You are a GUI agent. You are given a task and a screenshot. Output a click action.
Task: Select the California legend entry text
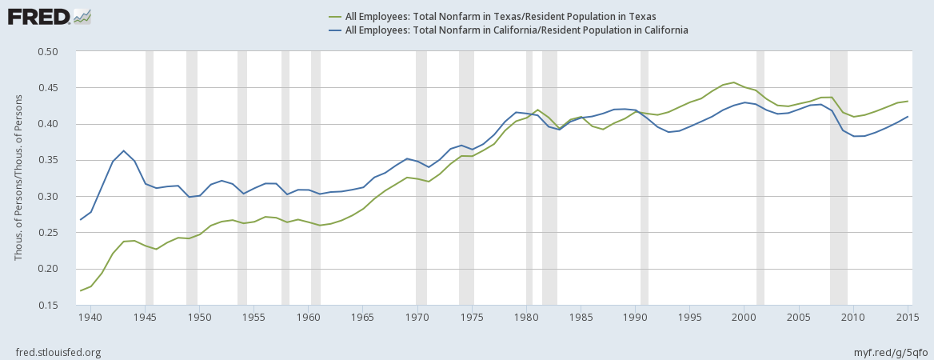[516, 30]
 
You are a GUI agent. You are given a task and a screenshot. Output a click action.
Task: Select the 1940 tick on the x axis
[90, 316]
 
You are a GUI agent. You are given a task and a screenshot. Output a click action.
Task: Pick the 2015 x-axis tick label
[908, 316]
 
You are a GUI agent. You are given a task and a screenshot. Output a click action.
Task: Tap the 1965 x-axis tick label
[362, 316]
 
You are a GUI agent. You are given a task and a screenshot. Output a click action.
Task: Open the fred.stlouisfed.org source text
[58, 352]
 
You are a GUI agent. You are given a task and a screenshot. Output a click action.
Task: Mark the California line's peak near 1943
[123, 150]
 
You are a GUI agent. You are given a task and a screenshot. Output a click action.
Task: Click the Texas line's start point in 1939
[80, 290]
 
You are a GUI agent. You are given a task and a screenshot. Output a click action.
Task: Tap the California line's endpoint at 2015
[908, 117]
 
